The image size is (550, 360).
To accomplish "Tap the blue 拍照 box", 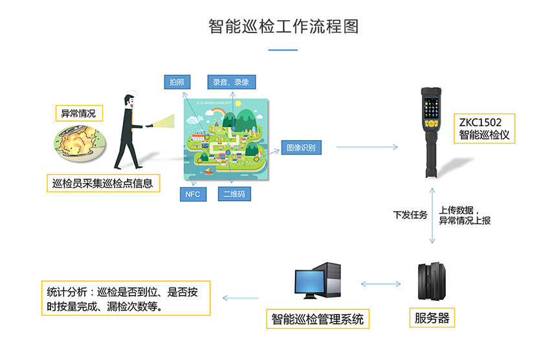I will click(177, 82).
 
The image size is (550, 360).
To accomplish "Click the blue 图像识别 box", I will click(300, 147).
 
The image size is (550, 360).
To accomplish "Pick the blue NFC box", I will click(192, 194).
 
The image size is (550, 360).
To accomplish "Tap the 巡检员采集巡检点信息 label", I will click(103, 183).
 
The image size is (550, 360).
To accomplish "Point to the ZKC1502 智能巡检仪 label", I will click(485, 129).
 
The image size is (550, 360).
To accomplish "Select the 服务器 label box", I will click(432, 318).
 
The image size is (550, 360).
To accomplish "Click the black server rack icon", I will click(432, 283).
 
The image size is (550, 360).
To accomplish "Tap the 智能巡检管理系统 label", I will click(317, 319).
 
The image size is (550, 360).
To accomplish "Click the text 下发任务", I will click(410, 214).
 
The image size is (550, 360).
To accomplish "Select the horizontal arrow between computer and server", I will click(382, 284).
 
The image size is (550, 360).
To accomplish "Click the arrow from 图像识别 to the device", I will click(367, 148).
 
